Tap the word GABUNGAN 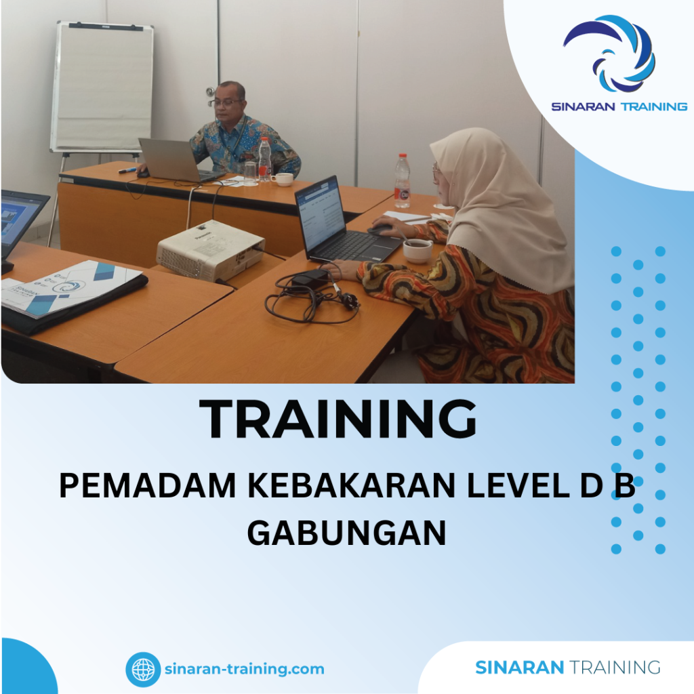(x=346, y=531)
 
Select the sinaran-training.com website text (x=244, y=669)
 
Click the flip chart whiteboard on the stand (x=102, y=87)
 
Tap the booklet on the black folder (x=71, y=286)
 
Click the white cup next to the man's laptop (x=283, y=179)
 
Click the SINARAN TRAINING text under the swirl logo (x=619, y=106)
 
